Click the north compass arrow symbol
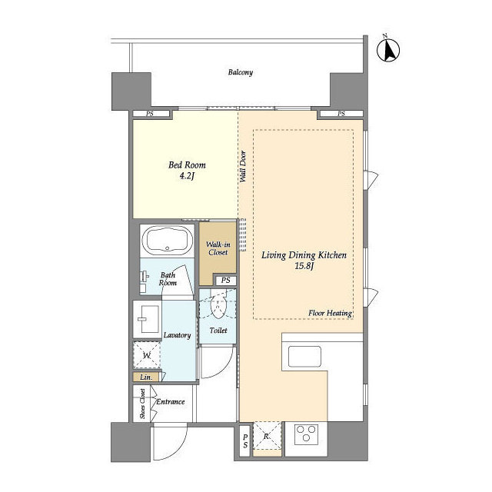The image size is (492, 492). click(388, 48)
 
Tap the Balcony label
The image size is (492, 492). click(241, 72)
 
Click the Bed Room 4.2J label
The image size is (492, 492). click(187, 171)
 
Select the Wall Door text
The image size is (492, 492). click(243, 167)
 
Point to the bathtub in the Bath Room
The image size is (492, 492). click(167, 240)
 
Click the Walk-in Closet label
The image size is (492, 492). click(218, 248)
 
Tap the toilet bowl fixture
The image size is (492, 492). click(218, 305)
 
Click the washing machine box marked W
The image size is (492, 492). click(147, 355)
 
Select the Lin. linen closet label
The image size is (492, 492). click(146, 377)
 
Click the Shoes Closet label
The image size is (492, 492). click(142, 403)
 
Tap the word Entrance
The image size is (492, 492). click(171, 401)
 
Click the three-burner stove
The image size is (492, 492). click(306, 434)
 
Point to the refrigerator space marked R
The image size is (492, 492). click(267, 436)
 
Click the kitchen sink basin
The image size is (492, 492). click(304, 357)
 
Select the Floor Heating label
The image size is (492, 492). click(330, 313)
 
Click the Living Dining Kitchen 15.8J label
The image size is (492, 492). click(304, 261)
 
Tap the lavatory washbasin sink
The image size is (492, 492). click(148, 319)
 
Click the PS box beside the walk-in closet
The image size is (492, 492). click(225, 280)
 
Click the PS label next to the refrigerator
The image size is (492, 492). click(245, 440)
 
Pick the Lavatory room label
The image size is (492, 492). click(178, 335)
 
